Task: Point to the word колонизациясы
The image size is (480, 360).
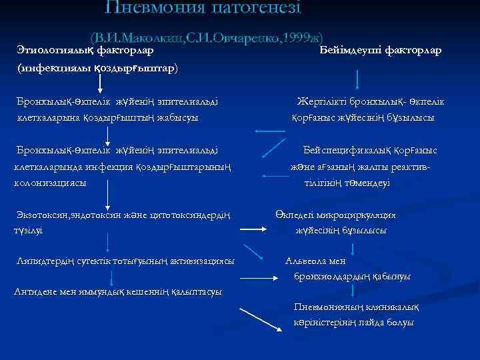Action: [x=51, y=182]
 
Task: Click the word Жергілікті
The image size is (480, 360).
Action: [x=325, y=101]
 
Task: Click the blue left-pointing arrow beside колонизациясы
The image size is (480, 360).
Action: [x=274, y=176]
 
